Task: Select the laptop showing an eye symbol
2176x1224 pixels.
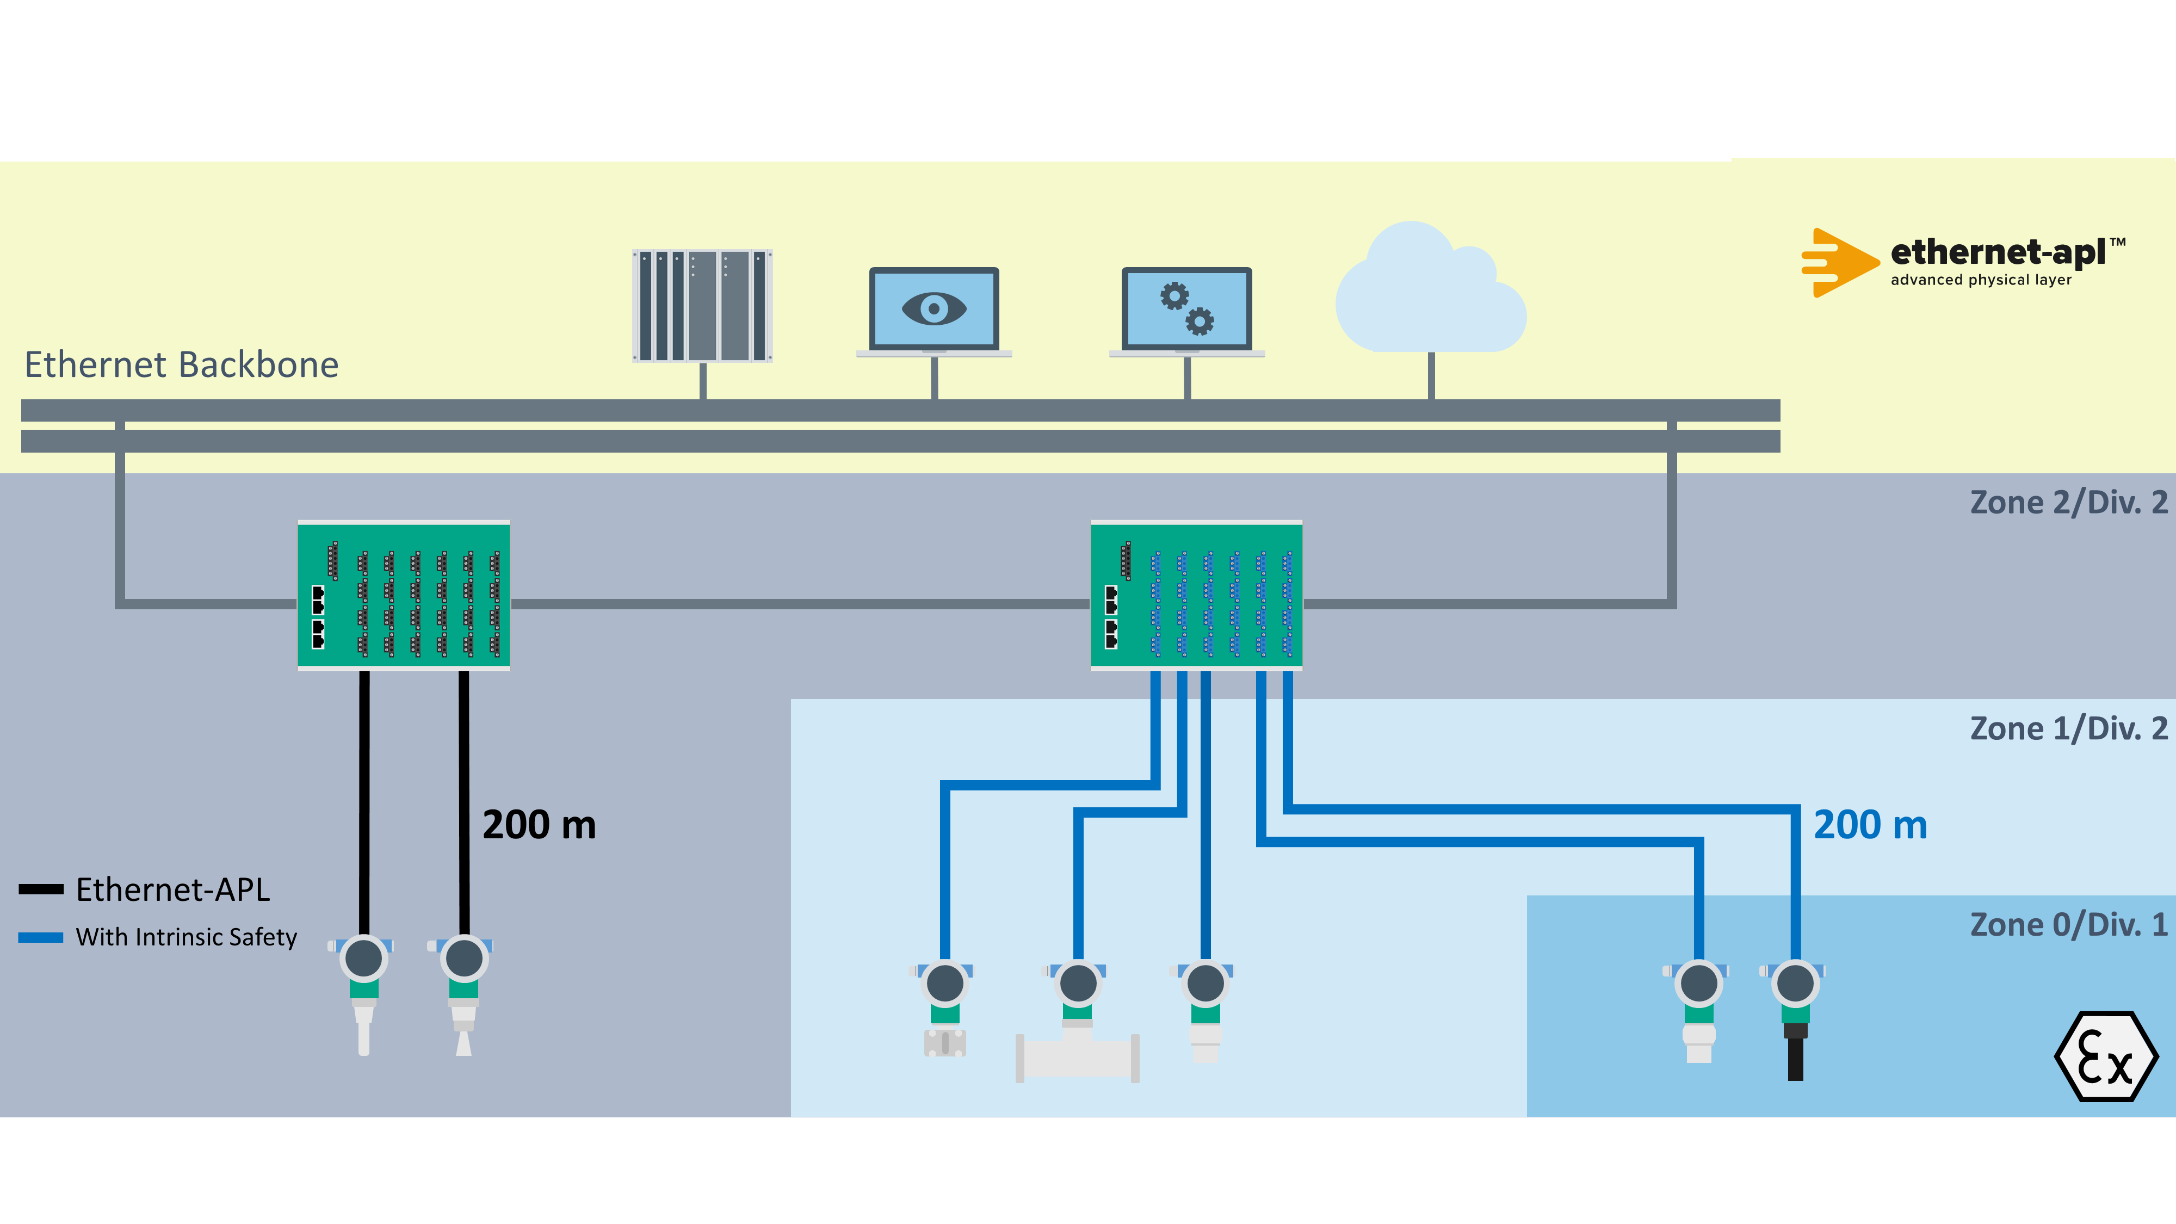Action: [934, 311]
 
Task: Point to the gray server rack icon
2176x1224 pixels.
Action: [702, 306]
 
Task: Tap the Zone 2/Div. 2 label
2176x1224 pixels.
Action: [2067, 503]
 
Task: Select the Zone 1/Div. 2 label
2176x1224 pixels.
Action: [2067, 728]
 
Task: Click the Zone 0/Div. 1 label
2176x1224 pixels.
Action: [2067, 925]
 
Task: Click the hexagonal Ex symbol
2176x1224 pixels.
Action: [2105, 1057]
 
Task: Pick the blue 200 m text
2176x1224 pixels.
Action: [1870, 825]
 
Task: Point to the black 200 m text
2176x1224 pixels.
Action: [539, 825]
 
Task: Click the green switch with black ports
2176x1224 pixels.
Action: [404, 596]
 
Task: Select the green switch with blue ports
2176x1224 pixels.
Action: [1196, 596]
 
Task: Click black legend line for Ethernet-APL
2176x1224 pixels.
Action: [41, 889]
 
